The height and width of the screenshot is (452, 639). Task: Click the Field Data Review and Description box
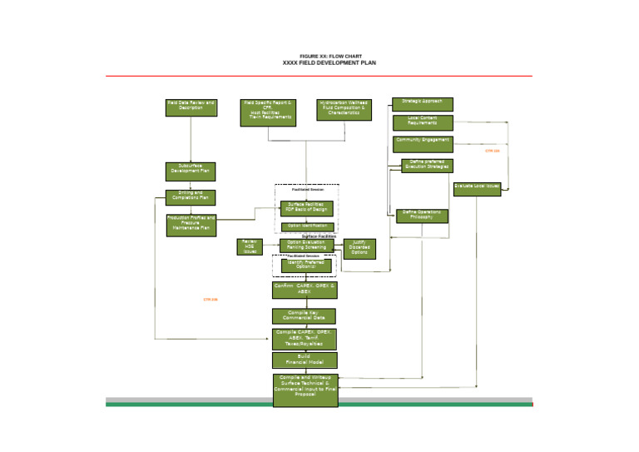pyautogui.click(x=191, y=108)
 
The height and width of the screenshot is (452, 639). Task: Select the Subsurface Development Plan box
pyautogui.click(x=191, y=171)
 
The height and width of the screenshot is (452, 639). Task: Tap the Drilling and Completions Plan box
pyautogui.click(x=191, y=197)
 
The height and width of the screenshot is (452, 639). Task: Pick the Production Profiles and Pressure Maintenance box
pyautogui.click(x=191, y=225)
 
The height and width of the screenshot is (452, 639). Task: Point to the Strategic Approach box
pyautogui.click(x=423, y=104)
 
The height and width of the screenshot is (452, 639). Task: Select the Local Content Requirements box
pyautogui.click(x=423, y=122)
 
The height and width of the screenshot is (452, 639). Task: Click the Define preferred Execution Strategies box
pyautogui.click(x=426, y=165)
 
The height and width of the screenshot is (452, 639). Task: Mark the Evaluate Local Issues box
pyautogui.click(x=477, y=189)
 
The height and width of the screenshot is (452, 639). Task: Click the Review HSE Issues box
pyautogui.click(x=250, y=246)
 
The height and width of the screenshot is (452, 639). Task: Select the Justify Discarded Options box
pyautogui.click(x=359, y=248)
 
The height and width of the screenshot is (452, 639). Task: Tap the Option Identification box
pyautogui.click(x=305, y=226)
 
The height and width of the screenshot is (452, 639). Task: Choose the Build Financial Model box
pyautogui.click(x=305, y=360)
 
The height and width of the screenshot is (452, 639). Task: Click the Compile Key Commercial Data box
pyautogui.click(x=305, y=316)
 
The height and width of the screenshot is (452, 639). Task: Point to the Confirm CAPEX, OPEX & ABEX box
pyautogui.click(x=305, y=290)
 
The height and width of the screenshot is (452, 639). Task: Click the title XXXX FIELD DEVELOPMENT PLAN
pyautogui.click(x=319, y=62)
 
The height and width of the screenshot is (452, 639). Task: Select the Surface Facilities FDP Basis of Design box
pyautogui.click(x=305, y=207)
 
